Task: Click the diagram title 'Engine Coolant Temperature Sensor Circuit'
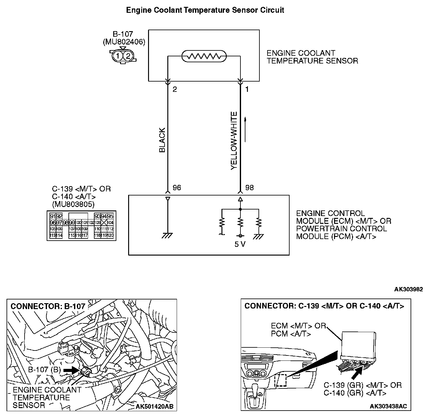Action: pyautogui.click(x=205, y=10)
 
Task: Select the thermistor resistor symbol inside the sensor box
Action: pyautogui.click(x=204, y=56)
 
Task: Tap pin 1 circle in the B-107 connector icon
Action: pyautogui.click(x=118, y=56)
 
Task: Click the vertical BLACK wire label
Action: pyautogui.click(x=162, y=140)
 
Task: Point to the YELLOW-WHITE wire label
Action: pyautogui.click(x=234, y=141)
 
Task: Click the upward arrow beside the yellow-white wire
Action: pyautogui.click(x=245, y=129)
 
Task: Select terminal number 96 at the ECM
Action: pyautogui.click(x=177, y=188)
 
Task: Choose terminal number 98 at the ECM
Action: pyautogui.click(x=249, y=188)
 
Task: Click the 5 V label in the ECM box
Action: pyautogui.click(x=240, y=244)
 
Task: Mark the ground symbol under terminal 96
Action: pyautogui.click(x=168, y=236)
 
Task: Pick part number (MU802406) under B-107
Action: pyautogui.click(x=124, y=42)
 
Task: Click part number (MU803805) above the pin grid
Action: pyautogui.click(x=73, y=204)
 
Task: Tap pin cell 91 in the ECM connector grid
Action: pyautogui.click(x=53, y=216)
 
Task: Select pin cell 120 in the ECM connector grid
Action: pyautogui.click(x=110, y=236)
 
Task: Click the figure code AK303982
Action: pyautogui.click(x=408, y=289)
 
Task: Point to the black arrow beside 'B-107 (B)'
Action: pyautogui.click(x=71, y=370)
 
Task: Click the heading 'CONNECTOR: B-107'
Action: pyautogui.click(x=48, y=306)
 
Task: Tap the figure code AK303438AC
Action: pyautogui.click(x=388, y=407)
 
